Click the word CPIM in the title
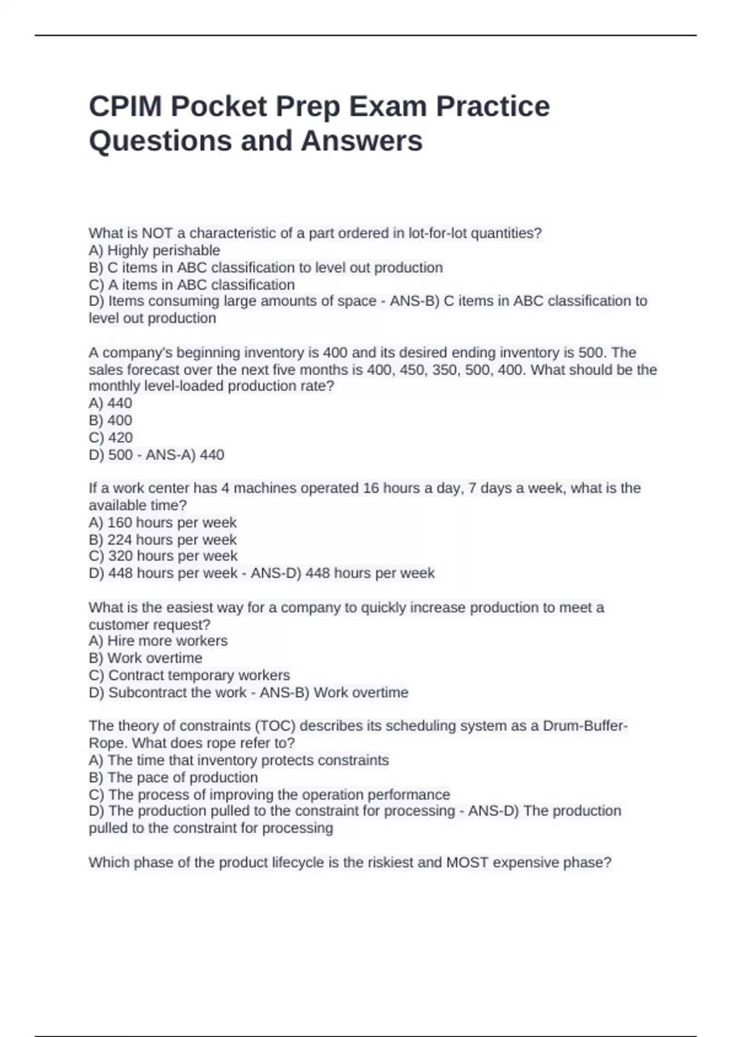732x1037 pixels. coord(125,107)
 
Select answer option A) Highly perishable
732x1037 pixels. coord(154,251)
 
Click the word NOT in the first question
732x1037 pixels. coord(157,233)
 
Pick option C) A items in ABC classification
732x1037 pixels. coord(192,285)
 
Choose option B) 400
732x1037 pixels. coord(110,420)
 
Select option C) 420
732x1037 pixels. coord(110,437)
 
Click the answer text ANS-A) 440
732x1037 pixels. coord(185,455)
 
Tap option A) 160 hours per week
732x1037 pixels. coord(162,523)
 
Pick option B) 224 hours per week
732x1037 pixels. coord(162,540)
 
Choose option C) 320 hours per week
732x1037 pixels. coord(163,556)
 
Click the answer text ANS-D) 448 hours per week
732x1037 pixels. coord(342,573)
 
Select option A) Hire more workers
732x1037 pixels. coord(158,641)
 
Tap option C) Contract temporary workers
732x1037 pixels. coord(189,675)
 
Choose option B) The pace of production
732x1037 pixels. coord(173,778)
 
